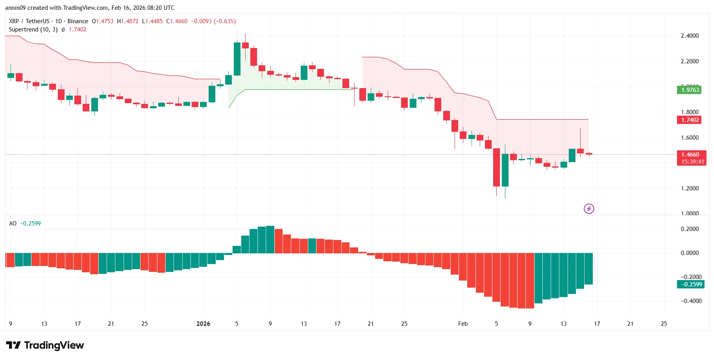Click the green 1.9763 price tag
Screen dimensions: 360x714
coord(690,90)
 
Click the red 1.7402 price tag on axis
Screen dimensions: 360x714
coord(690,120)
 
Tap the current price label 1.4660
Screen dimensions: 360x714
coord(690,155)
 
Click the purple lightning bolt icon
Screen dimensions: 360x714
coord(588,209)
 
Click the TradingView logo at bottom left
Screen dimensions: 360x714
coord(45,345)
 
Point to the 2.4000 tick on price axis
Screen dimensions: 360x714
coord(690,36)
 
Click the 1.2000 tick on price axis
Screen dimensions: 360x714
coord(690,188)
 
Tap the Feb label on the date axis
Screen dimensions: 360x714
coord(462,324)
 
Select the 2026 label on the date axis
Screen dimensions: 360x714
coord(203,324)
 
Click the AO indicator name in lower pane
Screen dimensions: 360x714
coord(13,223)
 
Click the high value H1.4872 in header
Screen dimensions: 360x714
coord(128,21)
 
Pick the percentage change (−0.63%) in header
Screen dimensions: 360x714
coord(225,21)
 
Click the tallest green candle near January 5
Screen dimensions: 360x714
coord(237,59)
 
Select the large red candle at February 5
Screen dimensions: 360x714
coord(496,167)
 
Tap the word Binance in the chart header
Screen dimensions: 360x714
coord(78,21)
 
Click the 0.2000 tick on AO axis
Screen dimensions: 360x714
coord(690,229)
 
